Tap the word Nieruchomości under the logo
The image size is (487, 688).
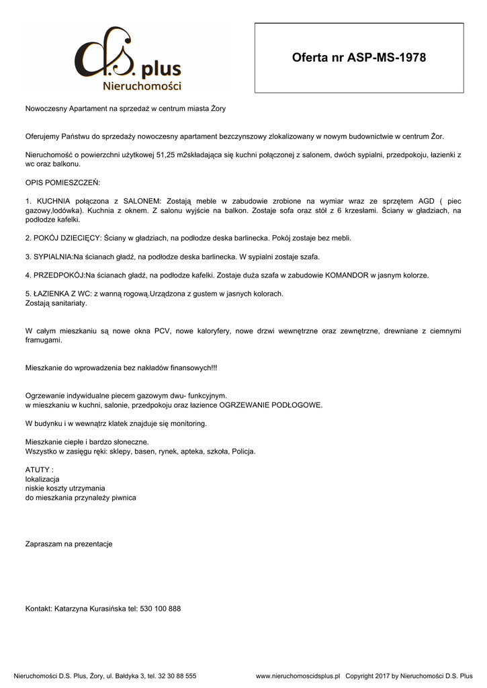pyautogui.click(x=142, y=86)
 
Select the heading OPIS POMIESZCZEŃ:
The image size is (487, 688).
pyautogui.click(x=62, y=182)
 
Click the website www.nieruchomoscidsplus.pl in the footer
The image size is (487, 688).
pyautogui.click(x=298, y=676)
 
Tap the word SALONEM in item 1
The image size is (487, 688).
pyautogui.click(x=139, y=201)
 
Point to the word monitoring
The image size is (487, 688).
pyautogui.click(x=189, y=423)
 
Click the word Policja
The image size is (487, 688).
pyautogui.click(x=243, y=451)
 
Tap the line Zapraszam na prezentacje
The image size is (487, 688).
pyautogui.click(x=69, y=544)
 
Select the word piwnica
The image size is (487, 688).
pyautogui.click(x=122, y=498)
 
